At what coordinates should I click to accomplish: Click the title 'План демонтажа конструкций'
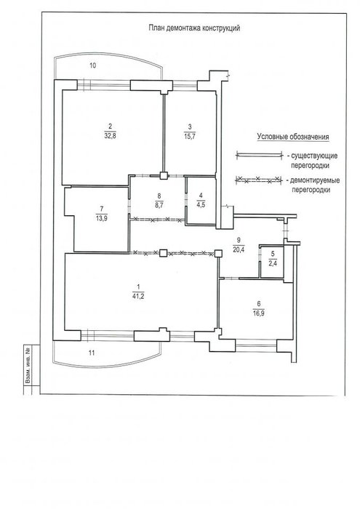pos(194,28)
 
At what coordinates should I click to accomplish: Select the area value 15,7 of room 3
pos(190,137)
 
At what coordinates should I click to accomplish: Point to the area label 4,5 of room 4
pos(201,205)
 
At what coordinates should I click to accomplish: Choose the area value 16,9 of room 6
pos(258,313)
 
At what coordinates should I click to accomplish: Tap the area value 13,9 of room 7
pos(102,218)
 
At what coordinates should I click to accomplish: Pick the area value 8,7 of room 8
pos(159,206)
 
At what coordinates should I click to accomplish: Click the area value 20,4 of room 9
pos(239,249)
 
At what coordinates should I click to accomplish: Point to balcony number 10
pos(93,65)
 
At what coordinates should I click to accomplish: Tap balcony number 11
pos(92,353)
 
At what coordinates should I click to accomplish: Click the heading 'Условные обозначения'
pos(293,137)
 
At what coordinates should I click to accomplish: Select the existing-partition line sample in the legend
pos(258,156)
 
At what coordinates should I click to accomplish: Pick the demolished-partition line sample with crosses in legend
pos(258,180)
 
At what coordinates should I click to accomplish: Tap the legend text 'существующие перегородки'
pos(312,161)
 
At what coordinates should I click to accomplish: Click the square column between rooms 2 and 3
pos(164,176)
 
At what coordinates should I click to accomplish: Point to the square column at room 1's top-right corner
pos(218,253)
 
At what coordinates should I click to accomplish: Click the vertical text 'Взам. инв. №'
pos(28,366)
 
